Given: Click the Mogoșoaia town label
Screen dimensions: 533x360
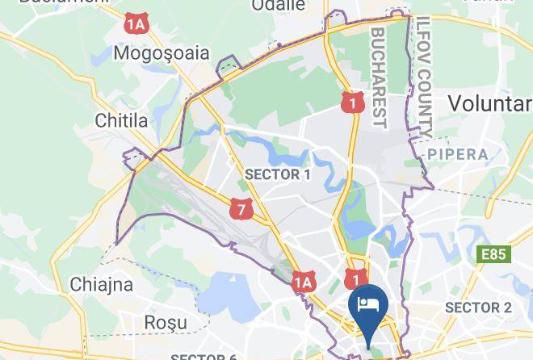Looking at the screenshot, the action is coord(162,53).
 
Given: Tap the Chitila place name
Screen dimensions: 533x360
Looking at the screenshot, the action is coord(122,121).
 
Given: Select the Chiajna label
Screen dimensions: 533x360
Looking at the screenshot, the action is coord(101,284).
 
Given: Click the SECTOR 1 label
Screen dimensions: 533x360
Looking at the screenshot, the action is coord(277,174).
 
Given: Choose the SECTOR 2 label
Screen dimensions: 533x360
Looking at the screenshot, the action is coord(478,308).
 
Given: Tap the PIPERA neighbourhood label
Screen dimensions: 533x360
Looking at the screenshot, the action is coord(458,153).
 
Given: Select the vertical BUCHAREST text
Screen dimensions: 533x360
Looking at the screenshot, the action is coord(380,77).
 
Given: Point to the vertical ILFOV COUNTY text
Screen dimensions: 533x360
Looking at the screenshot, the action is coord(425,77).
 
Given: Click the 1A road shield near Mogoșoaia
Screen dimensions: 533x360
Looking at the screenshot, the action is coord(136,24).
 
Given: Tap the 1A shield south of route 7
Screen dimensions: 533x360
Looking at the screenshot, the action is coord(302,282).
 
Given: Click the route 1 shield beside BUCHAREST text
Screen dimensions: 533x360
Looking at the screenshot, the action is coord(350,102).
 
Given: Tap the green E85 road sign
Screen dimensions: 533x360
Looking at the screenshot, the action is coord(493,255).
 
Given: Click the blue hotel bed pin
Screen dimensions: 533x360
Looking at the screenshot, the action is coord(368,308).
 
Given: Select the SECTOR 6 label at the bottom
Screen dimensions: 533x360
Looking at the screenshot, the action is coord(204,356).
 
